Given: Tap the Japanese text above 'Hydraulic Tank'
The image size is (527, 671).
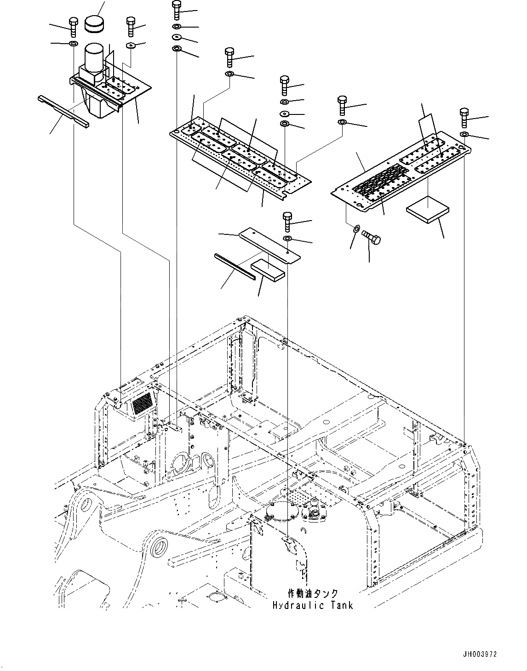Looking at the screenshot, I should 312,594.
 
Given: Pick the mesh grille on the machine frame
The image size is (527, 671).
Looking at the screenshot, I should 141,403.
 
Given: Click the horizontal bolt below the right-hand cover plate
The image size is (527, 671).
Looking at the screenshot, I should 372,237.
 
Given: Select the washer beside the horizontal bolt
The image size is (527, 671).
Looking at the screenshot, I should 356,228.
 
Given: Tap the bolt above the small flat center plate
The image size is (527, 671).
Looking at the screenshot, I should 288,221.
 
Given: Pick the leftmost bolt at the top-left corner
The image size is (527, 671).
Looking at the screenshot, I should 73,26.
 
